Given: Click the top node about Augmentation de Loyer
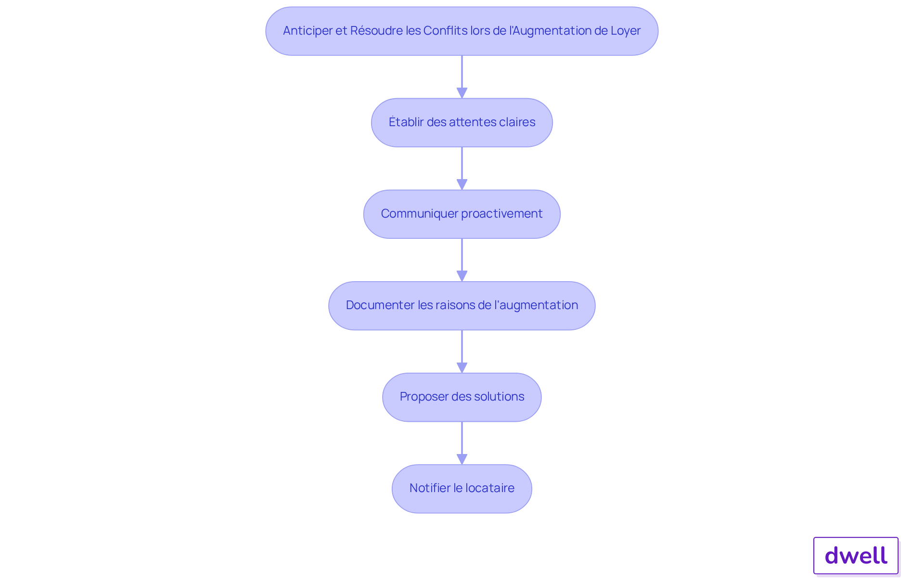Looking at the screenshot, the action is (x=462, y=31).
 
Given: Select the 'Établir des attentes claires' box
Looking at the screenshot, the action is (x=462, y=122).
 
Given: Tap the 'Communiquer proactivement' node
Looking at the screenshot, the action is (x=462, y=214).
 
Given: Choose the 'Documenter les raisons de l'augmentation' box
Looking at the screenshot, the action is (x=462, y=306).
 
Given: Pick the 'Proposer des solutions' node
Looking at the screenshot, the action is (x=462, y=397).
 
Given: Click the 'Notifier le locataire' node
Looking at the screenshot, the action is (x=462, y=489).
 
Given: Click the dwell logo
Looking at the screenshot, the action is (x=856, y=556).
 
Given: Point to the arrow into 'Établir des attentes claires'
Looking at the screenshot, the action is (x=462, y=77).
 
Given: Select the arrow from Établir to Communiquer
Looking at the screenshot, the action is (x=462, y=169).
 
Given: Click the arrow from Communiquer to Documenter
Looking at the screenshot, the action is (x=462, y=260).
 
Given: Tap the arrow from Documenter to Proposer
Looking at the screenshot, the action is (x=462, y=351).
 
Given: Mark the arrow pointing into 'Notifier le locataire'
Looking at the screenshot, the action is (x=462, y=443).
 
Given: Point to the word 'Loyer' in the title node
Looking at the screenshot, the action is (x=626, y=31).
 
